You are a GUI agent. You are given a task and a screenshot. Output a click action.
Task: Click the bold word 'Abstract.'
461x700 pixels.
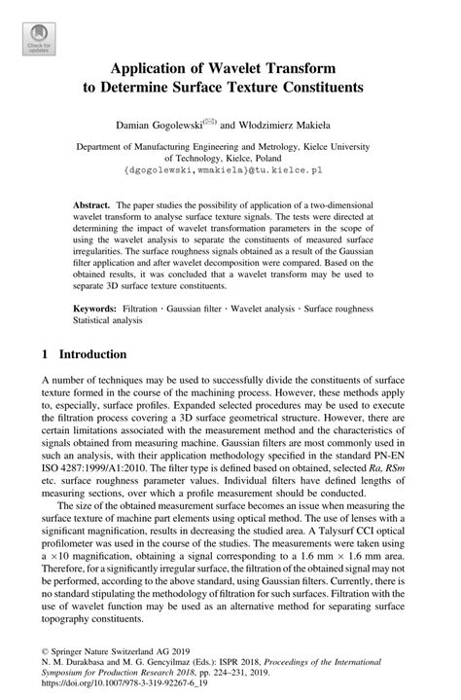click(x=93, y=209)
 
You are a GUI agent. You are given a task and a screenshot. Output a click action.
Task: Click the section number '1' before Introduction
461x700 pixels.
click(x=47, y=355)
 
